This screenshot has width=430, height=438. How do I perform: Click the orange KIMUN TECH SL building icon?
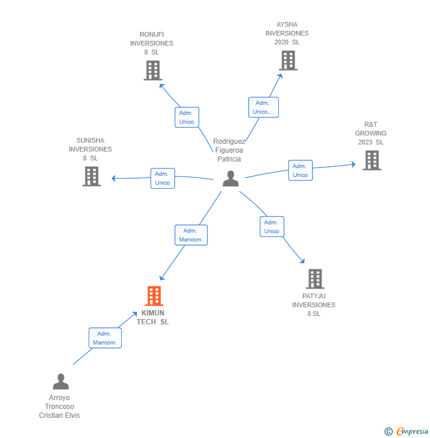coord(154,296)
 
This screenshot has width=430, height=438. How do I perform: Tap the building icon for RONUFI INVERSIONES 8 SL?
coord(153,70)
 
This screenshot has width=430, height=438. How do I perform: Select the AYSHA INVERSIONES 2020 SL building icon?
coord(288,60)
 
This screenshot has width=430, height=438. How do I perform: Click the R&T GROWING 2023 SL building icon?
coord(372,160)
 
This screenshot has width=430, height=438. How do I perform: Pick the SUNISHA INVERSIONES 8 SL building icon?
coord(92,176)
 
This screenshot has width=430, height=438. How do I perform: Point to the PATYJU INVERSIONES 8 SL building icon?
coord(315,279)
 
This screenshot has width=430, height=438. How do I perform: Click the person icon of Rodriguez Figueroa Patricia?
coord(231,179)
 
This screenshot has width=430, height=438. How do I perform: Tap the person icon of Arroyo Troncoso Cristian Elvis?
coord(61,381)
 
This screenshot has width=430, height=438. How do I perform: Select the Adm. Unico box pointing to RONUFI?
coord(187,117)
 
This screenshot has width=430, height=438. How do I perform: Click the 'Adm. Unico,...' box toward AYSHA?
coord(263,107)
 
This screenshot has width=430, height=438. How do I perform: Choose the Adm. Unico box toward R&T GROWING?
coord(301,170)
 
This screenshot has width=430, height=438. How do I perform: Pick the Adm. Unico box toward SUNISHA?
coord(163,178)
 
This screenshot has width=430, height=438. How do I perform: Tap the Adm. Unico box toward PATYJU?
coord(272,227)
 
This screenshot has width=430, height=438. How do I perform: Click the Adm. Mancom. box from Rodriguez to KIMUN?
coord(191,235)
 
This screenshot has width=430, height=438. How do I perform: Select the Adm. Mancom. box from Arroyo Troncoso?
coord(105,338)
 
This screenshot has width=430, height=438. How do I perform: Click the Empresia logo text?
coord(412,431)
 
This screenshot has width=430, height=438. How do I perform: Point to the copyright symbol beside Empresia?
coord(389,431)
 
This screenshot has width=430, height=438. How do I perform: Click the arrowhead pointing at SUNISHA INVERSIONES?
coord(113,178)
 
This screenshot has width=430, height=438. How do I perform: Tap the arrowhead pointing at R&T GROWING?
coord(354,165)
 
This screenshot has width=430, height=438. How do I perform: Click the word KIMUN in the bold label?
coord(153,313)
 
